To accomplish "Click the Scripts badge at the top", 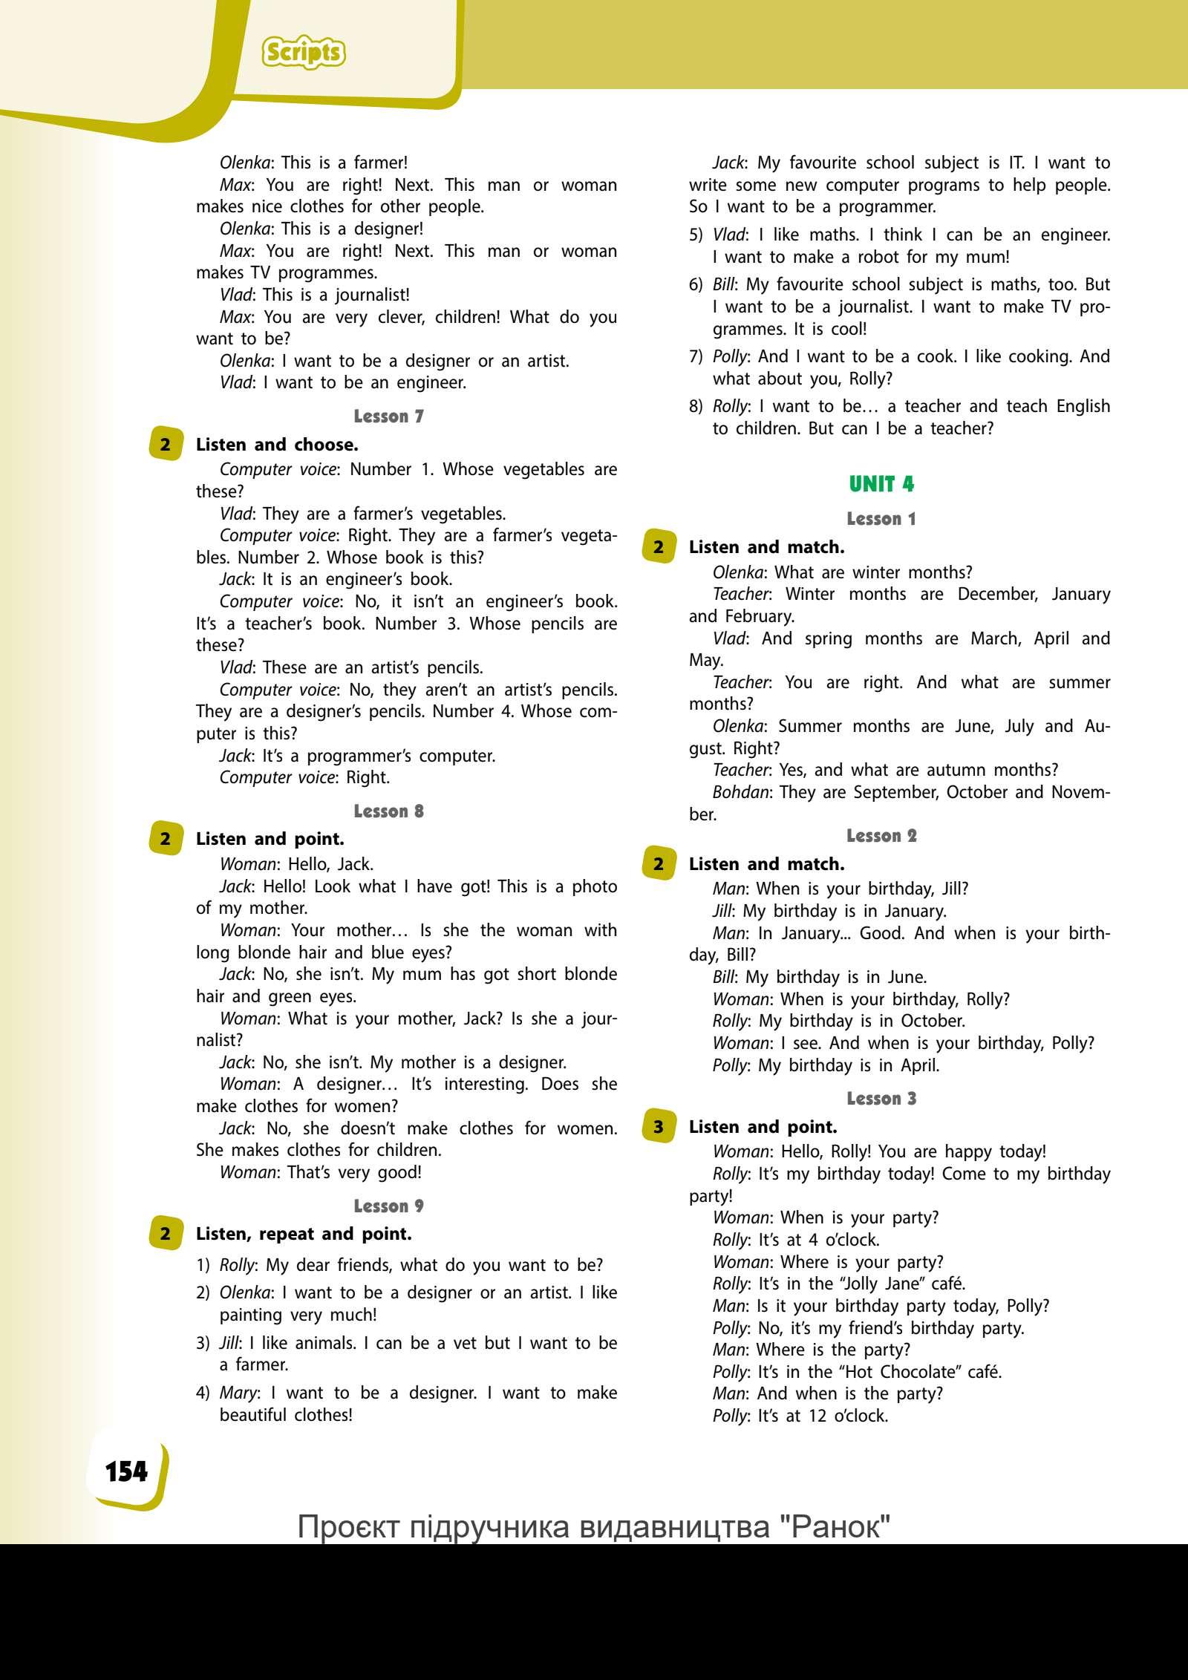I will pos(304,53).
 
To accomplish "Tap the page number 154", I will pos(127,1471).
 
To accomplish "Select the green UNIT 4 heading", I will pos(881,484).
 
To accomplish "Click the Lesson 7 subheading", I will pos(388,416).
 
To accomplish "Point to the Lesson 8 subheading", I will pos(388,811).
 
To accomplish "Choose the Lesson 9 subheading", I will pos(388,1206).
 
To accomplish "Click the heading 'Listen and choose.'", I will pos(277,445).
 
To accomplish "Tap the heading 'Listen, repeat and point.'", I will pos(304,1234).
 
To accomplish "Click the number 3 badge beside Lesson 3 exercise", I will pos(659,1128).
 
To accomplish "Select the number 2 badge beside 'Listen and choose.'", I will pos(165,445).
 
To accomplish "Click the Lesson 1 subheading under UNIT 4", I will pos(881,519).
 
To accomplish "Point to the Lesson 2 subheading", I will pos(881,836).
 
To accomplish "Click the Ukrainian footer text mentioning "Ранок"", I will pos(593,1527).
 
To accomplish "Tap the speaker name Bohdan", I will pos(740,792).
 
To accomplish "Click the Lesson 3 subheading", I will pos(881,1099).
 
